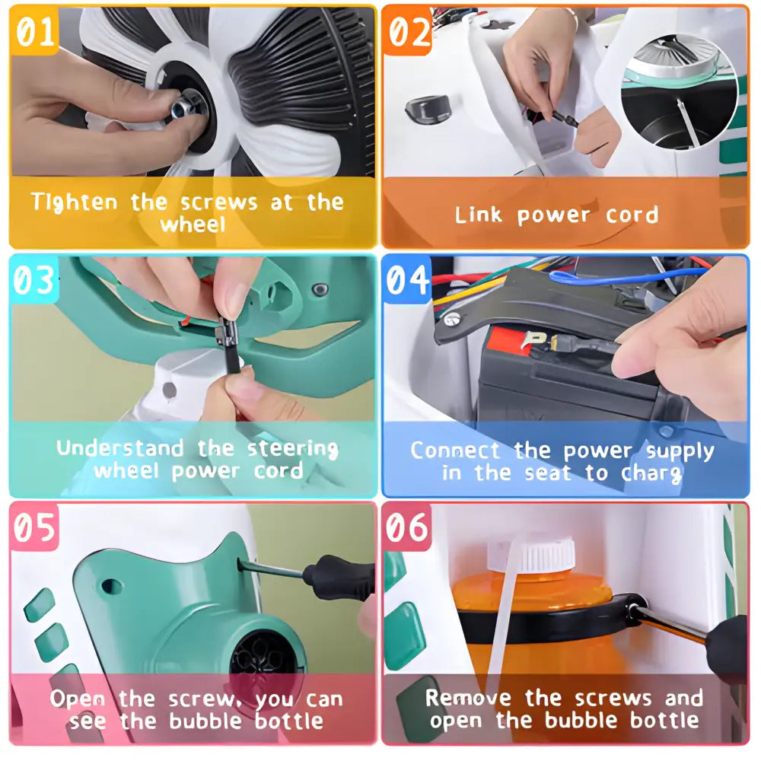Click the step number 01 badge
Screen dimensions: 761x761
pos(34,30)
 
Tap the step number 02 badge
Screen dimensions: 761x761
pos(408,30)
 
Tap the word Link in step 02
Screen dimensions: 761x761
pos(478,214)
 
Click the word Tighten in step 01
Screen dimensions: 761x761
pos(75,202)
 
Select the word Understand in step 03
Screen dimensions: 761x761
pos(120,447)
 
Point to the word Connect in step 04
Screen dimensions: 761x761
pos(455,450)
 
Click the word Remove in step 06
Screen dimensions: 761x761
pos(468,697)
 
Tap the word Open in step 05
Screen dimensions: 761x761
pos(78,699)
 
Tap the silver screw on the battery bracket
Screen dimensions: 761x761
pos(452,320)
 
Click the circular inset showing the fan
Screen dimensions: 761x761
pos(679,92)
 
